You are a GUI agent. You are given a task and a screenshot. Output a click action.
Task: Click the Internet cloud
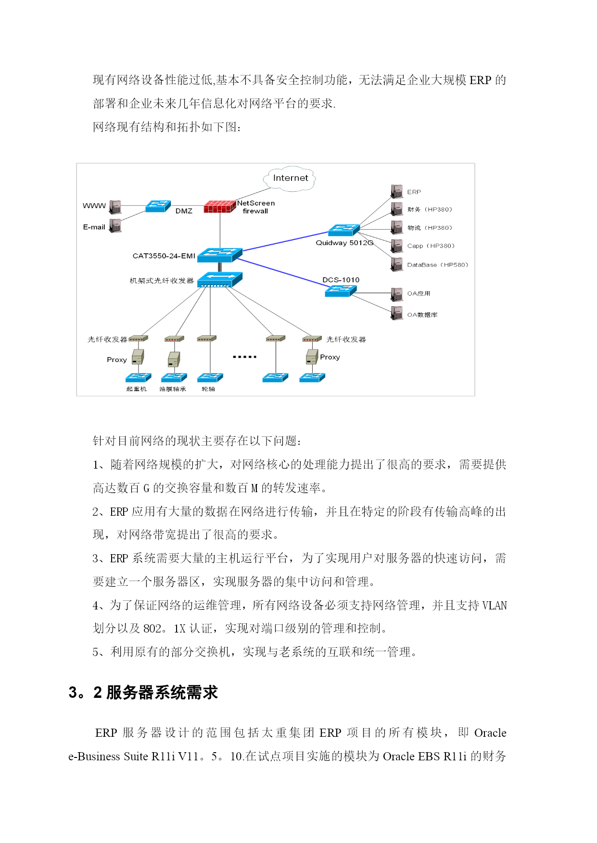point(290,179)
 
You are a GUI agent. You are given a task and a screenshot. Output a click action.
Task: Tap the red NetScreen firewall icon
point(219,207)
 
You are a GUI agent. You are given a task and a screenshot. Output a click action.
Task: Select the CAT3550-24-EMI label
point(164,256)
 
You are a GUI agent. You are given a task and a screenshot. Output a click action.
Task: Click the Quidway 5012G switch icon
point(343,230)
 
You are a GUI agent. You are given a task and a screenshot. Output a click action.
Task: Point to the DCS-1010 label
point(341,280)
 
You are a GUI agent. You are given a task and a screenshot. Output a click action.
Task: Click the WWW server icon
point(115,207)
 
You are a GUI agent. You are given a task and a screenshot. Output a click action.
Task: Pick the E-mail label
point(94,227)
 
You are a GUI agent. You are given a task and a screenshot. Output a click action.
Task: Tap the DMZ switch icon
point(158,206)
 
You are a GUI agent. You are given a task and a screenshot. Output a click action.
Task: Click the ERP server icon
point(397,191)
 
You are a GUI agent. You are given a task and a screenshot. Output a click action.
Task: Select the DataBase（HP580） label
point(437,265)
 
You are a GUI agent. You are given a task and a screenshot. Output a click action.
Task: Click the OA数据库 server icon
point(397,313)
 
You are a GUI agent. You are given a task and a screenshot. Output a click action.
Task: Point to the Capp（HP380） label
point(431,246)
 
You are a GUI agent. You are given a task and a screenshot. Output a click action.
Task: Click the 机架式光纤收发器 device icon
point(219,280)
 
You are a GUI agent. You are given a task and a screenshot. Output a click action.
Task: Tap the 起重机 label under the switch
point(136,389)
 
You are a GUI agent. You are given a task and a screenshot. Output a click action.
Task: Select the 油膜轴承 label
point(173,389)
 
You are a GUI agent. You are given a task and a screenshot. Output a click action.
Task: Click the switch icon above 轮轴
point(210,378)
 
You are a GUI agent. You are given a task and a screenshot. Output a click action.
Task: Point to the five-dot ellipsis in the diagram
point(244,357)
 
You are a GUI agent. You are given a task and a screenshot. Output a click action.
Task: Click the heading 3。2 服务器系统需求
point(143,693)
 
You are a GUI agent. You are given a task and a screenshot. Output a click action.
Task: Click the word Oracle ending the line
point(490,733)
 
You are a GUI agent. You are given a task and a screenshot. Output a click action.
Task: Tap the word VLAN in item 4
point(495,606)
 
